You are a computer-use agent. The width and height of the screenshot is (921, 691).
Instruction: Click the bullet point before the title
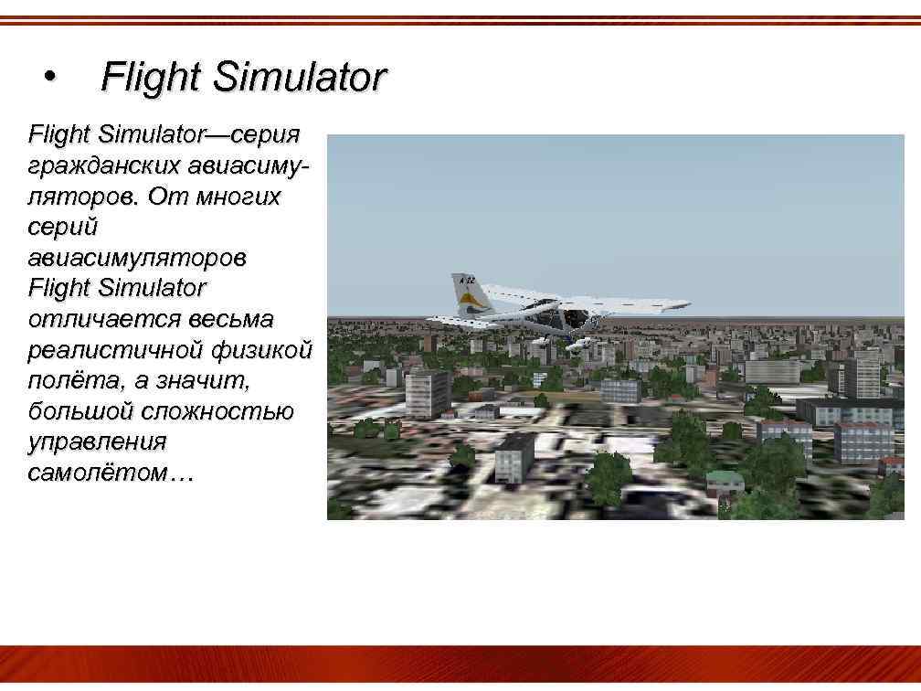[x=50, y=77]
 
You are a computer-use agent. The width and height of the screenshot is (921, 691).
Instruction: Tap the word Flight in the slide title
[x=150, y=77]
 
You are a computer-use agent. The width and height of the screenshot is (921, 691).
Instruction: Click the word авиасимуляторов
[x=137, y=259]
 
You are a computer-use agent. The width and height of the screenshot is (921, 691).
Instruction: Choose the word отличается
[x=104, y=320]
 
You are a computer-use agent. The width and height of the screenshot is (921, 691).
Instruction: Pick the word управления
[x=97, y=442]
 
